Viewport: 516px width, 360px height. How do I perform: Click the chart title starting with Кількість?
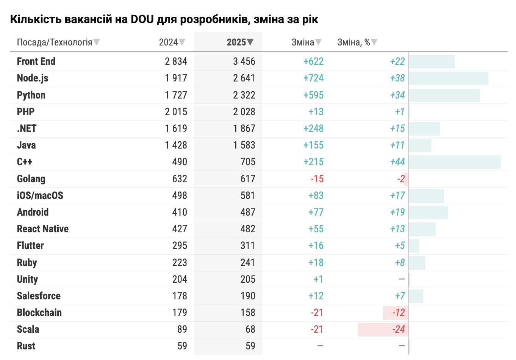point(164,19)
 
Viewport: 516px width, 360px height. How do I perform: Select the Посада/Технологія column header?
point(55,42)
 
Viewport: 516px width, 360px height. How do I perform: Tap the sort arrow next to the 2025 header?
point(250,42)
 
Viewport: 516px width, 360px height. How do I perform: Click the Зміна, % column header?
point(353,42)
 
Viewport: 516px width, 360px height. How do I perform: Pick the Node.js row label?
point(33,78)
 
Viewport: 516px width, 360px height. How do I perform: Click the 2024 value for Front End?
point(176,61)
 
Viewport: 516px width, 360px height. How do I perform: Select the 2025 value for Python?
point(244,95)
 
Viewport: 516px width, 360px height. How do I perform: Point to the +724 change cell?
point(313,78)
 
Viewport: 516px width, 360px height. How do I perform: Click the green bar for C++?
point(455,162)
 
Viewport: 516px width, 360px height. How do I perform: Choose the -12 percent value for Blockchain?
point(399,313)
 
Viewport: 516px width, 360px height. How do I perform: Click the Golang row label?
point(31,179)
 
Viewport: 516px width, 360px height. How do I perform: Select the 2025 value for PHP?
point(244,112)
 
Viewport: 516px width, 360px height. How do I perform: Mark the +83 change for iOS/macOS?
point(316,196)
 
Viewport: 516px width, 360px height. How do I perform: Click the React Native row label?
point(43,229)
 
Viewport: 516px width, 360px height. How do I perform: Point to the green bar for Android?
point(428,213)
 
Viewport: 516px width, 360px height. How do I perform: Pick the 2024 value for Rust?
point(182,346)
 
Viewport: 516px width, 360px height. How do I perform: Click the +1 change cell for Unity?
point(318,279)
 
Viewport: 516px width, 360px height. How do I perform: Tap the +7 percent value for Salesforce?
point(400,296)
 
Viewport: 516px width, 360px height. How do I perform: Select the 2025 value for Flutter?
point(247,246)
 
